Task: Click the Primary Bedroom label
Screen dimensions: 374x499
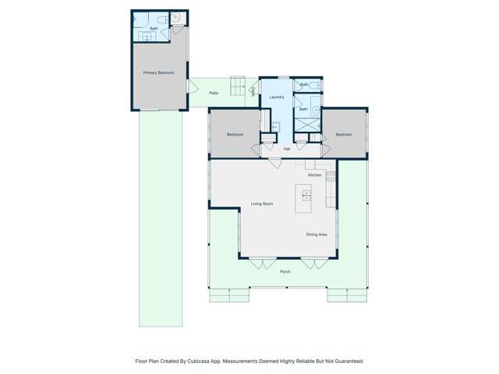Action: click(x=158, y=72)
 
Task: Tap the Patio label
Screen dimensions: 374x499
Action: click(x=213, y=93)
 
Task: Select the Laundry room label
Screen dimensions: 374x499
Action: click(x=276, y=97)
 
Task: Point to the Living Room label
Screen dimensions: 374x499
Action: click(x=261, y=204)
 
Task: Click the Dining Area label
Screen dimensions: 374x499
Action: click(x=316, y=234)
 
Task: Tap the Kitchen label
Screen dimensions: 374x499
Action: click(x=314, y=175)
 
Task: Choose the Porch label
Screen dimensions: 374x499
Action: click(x=285, y=271)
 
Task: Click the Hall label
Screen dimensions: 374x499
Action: click(x=286, y=148)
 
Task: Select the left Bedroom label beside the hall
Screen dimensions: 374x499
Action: click(x=235, y=135)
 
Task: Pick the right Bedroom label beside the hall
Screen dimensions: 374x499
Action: click(x=344, y=135)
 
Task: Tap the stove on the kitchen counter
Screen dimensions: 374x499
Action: click(x=331, y=178)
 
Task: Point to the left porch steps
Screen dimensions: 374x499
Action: click(x=228, y=295)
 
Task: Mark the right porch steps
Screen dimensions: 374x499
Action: click(x=347, y=295)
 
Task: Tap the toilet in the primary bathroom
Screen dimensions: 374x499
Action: click(x=176, y=17)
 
